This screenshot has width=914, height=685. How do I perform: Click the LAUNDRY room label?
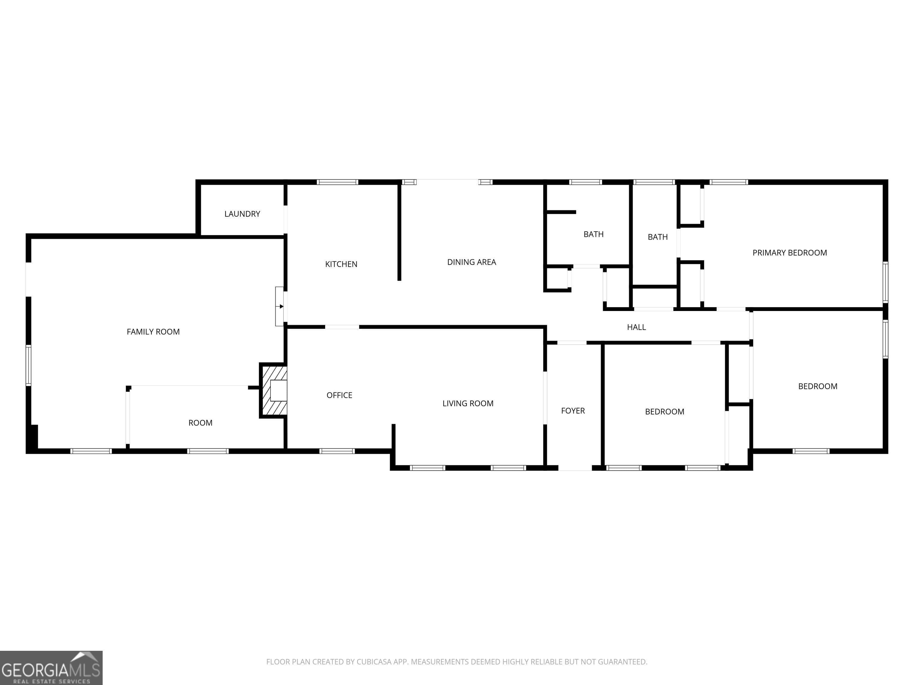pos(242,214)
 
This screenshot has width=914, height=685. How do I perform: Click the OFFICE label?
pos(339,395)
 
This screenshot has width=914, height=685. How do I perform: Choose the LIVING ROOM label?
pos(468,404)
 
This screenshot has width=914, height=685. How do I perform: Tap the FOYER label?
pos(573,411)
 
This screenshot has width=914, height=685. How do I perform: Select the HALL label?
pos(636,327)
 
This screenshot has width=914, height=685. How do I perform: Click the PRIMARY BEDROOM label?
pos(790,253)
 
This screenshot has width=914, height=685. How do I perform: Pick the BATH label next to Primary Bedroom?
pos(658,237)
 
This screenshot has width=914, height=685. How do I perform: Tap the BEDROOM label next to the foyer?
pos(664,412)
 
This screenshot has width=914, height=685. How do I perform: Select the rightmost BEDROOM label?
pos(818,387)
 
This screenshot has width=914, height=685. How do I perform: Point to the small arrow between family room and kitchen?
pos(281,306)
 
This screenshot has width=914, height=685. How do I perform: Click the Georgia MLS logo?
pos(51,668)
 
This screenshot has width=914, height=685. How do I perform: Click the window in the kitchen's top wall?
pos(337,182)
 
